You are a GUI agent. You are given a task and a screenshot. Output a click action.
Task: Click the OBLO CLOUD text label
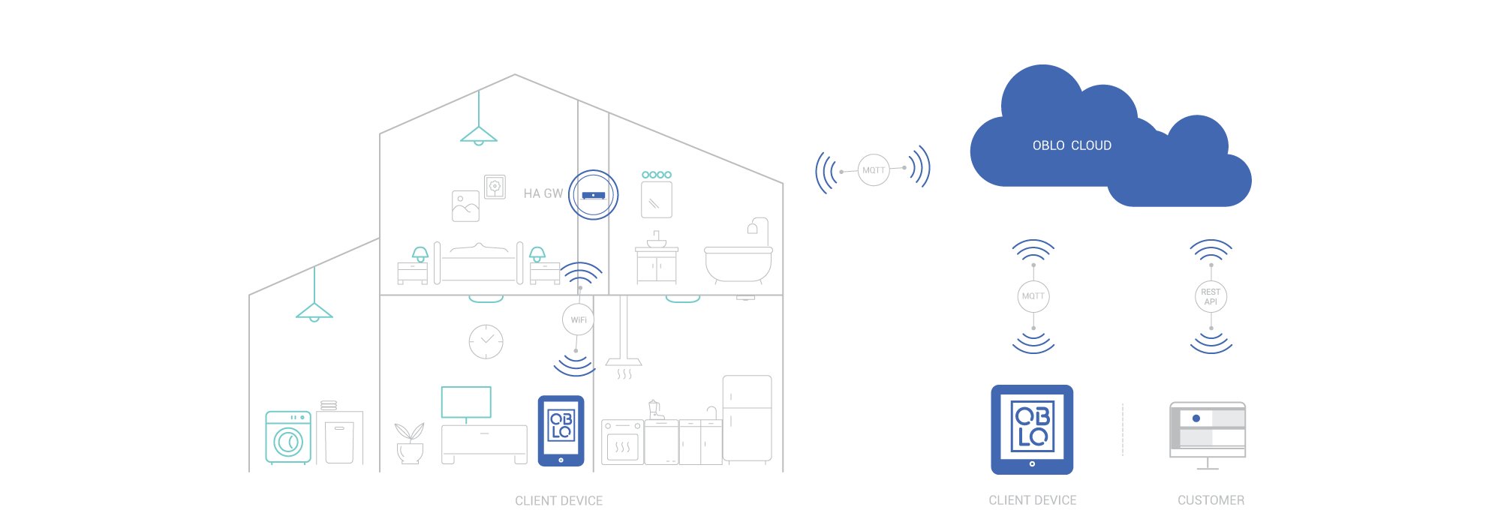1072,145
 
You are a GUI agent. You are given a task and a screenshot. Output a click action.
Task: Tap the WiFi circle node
578,320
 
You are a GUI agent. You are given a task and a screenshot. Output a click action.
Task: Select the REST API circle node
1211,297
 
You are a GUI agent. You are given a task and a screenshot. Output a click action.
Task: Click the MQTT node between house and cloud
874,170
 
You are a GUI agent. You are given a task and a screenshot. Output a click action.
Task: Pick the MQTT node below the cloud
1033,296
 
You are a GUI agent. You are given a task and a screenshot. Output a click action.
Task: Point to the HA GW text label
543,193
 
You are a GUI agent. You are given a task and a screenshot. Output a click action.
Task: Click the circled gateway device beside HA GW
593,195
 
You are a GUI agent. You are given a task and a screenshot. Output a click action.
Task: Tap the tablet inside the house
561,430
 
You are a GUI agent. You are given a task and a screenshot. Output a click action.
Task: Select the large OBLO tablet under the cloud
1032,430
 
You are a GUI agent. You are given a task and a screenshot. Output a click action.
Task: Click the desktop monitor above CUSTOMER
1208,433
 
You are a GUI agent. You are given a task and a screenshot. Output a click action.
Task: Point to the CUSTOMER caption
1211,500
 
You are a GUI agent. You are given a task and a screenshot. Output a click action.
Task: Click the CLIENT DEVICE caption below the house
558,501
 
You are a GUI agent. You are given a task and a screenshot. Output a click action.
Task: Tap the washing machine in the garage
287,438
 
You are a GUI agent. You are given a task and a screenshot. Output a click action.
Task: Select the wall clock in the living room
486,341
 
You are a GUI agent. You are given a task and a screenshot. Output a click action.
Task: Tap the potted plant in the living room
409,442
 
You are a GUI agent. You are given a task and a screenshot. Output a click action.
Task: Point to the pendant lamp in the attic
479,135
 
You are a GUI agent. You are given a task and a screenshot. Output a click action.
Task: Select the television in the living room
466,403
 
